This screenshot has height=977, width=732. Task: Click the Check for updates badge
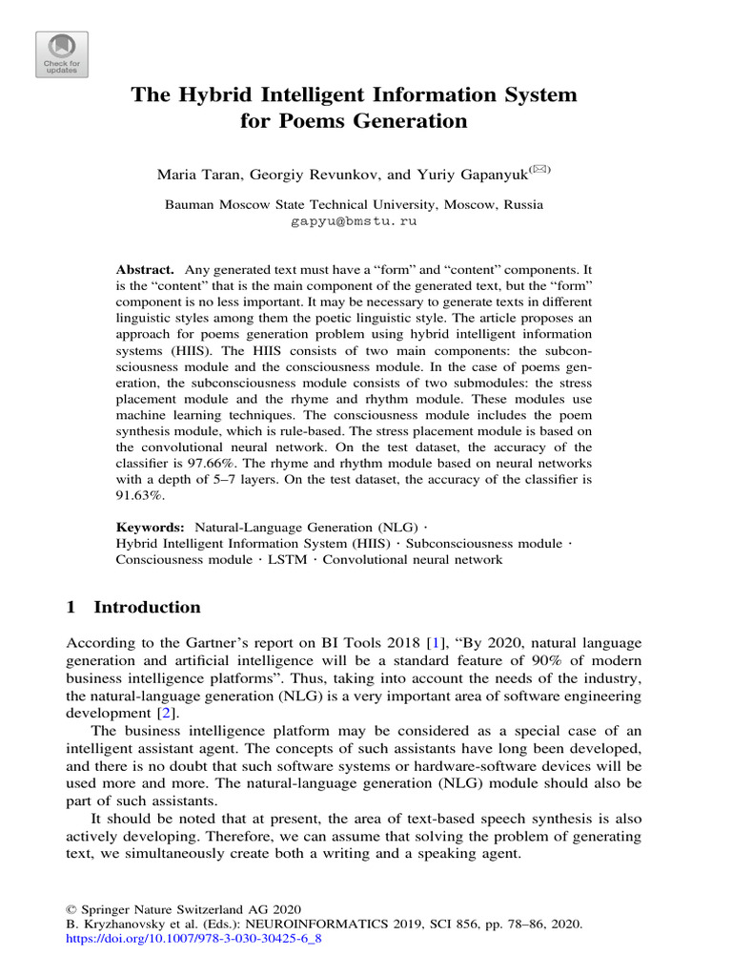coord(61,54)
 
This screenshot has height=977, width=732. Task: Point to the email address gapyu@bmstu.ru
coord(353,220)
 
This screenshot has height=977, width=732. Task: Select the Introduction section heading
coord(147,608)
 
